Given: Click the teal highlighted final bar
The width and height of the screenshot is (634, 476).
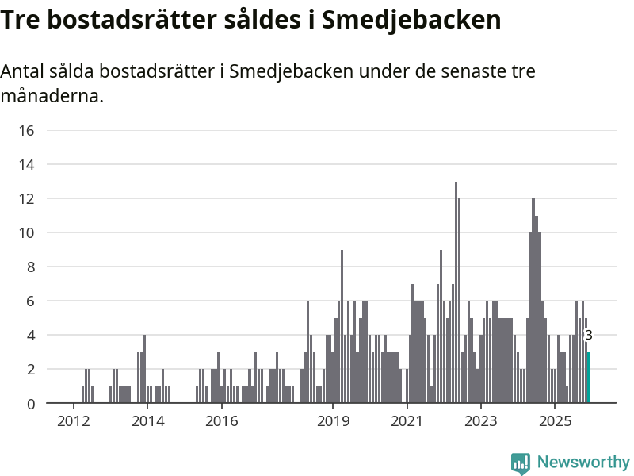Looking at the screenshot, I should pyautogui.click(x=589, y=378).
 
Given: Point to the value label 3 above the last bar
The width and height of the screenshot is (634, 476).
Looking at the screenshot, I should pyautogui.click(x=589, y=336).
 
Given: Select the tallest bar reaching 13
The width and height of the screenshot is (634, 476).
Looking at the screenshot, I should pyautogui.click(x=456, y=294).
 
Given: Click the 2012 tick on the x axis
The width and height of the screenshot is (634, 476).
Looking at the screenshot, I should pyautogui.click(x=73, y=420).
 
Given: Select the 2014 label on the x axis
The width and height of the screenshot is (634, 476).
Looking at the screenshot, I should pyautogui.click(x=147, y=420).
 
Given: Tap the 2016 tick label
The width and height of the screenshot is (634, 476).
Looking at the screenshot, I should pyautogui.click(x=222, y=420).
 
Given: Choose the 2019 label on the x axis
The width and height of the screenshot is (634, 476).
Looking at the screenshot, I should pyautogui.click(x=333, y=420).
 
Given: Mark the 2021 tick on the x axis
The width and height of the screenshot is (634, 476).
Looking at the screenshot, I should pyautogui.click(x=407, y=420).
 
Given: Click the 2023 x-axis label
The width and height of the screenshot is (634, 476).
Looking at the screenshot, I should pyautogui.click(x=481, y=420).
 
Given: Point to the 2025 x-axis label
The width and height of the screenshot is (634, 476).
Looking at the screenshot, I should pyautogui.click(x=555, y=420).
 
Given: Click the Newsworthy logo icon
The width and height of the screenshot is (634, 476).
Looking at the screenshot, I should pyautogui.click(x=521, y=463).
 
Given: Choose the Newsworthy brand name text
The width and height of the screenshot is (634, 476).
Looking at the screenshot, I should pyautogui.click(x=583, y=462).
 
